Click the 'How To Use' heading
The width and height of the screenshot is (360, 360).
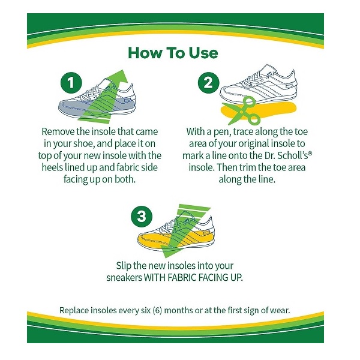(x=173, y=53)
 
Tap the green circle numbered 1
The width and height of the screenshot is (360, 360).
(x=71, y=83)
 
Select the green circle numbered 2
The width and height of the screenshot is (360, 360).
(x=208, y=83)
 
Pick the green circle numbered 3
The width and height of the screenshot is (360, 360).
(x=142, y=216)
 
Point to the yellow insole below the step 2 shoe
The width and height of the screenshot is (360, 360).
(x=259, y=110)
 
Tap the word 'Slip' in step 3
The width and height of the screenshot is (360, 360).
(x=124, y=266)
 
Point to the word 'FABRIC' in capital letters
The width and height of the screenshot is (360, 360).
(x=181, y=278)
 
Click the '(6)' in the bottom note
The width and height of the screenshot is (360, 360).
(x=157, y=310)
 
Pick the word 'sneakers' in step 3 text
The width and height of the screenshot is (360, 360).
(x=124, y=278)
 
